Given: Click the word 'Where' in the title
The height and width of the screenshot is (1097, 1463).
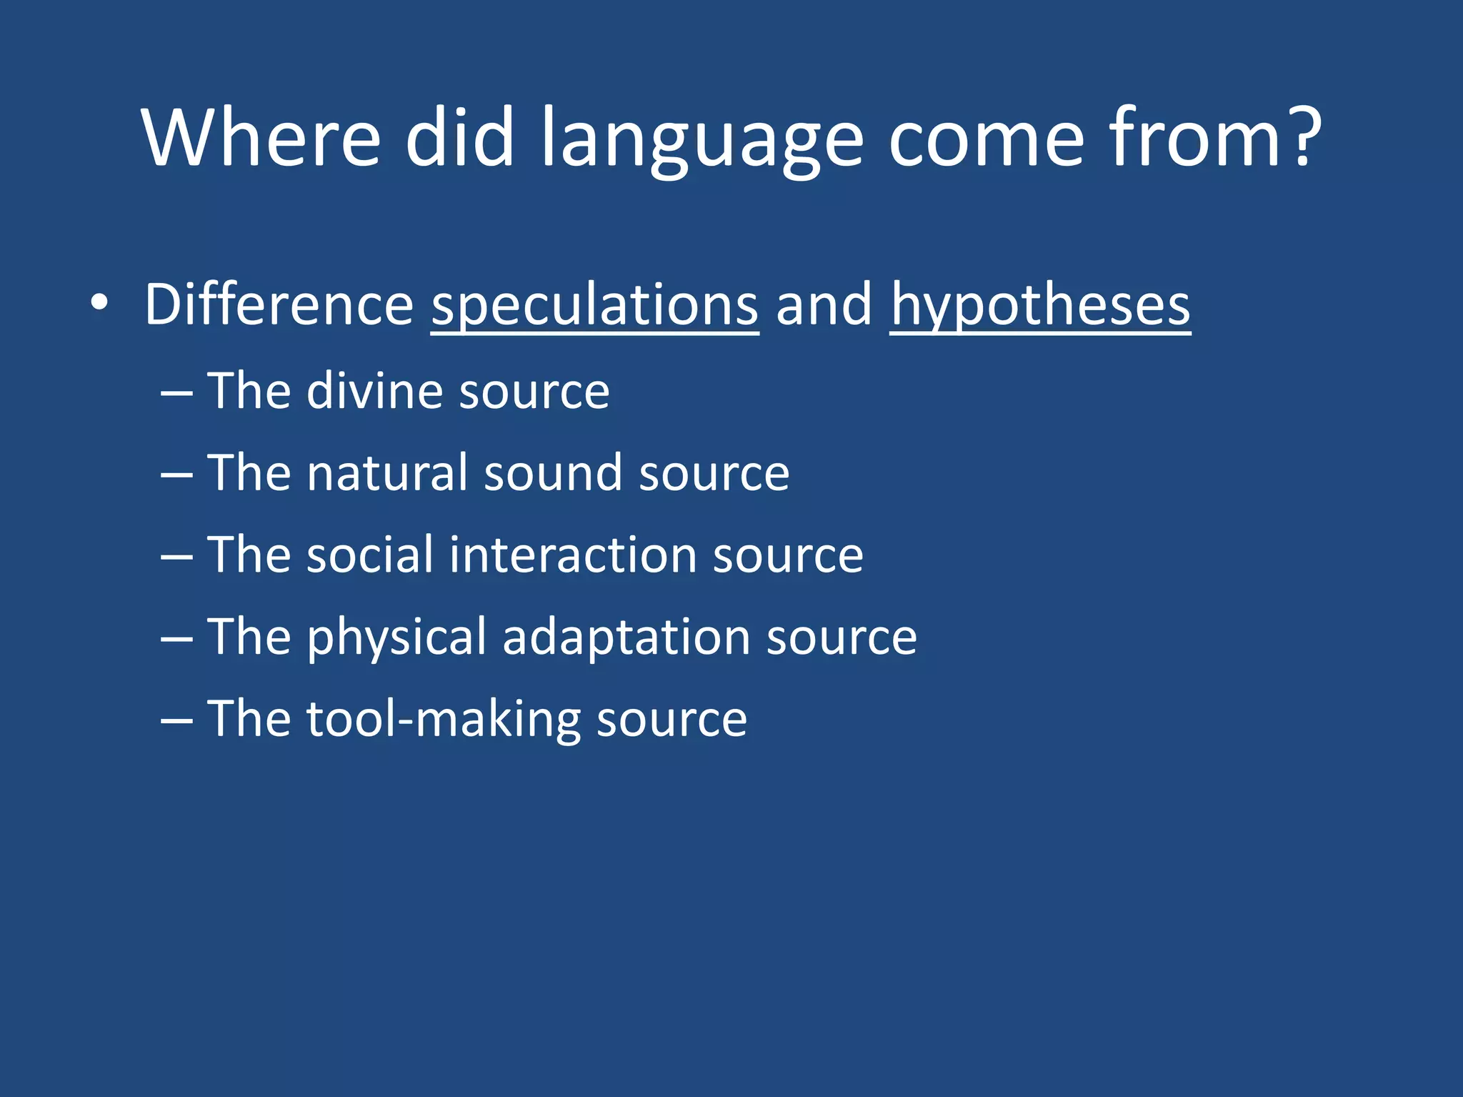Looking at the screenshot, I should [x=261, y=137].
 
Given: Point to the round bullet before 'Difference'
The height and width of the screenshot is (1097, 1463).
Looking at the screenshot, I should [x=100, y=303].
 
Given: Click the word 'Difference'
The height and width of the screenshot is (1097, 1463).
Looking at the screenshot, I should [x=279, y=304].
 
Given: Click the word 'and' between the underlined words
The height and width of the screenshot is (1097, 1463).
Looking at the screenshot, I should [x=824, y=304].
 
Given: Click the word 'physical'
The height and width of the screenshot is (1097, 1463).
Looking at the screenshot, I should [x=397, y=637].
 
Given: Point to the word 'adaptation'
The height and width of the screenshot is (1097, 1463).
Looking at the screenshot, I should [x=626, y=637].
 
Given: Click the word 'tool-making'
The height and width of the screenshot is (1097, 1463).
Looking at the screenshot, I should [x=444, y=719].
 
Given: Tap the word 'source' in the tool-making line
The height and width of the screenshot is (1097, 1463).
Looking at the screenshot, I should [x=671, y=719].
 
